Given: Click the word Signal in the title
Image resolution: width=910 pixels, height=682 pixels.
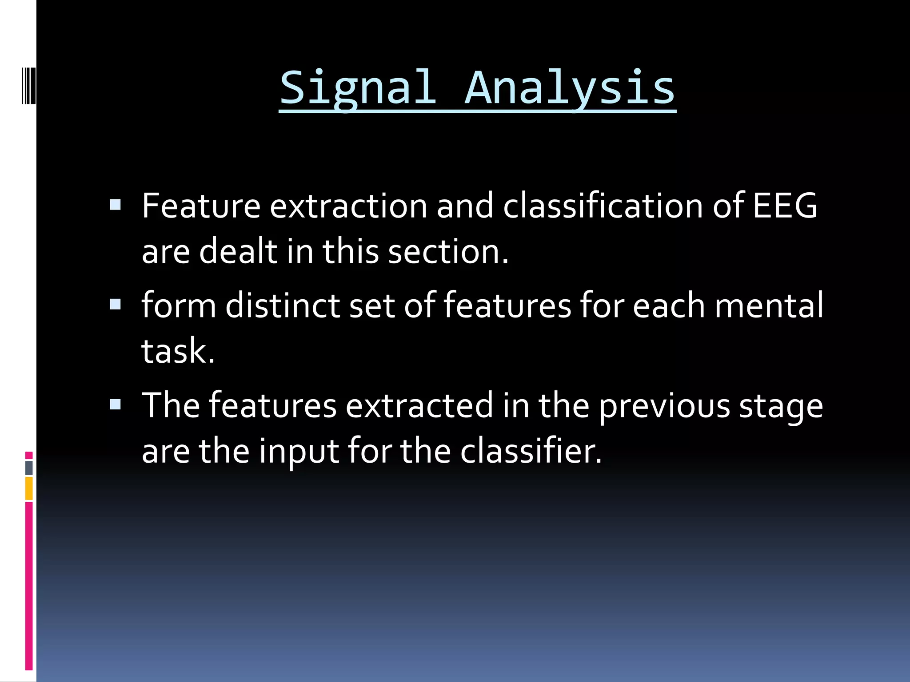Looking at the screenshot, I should click(x=358, y=89).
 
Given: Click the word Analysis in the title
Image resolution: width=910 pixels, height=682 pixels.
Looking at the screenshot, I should click(x=570, y=89).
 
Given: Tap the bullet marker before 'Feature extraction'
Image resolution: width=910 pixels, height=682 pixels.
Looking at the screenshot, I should click(x=115, y=205).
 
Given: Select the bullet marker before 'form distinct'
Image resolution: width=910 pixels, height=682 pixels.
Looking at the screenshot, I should click(x=115, y=304).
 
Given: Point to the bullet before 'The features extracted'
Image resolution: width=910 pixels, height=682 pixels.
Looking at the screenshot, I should click(x=115, y=404).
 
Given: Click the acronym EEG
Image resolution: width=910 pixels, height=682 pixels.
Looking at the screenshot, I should click(x=785, y=206).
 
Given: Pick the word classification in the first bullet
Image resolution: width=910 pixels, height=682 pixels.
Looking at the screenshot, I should click(x=603, y=206).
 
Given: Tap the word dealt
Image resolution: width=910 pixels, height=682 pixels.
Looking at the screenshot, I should click(x=238, y=251).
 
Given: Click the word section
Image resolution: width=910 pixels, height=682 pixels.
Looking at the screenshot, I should click(x=448, y=251).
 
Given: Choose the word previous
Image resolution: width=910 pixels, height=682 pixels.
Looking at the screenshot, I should click(x=664, y=406).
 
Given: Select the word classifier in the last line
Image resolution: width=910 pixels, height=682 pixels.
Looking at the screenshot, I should click(x=530, y=451).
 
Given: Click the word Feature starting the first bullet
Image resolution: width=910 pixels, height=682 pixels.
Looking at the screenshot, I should click(x=201, y=206).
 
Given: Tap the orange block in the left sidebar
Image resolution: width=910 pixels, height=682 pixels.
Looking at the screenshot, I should click(x=29, y=488).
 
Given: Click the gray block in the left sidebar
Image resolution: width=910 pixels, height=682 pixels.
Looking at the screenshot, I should click(x=29, y=468).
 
